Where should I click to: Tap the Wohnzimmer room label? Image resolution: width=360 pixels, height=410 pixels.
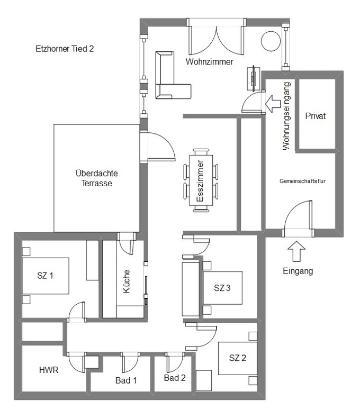coord(210,62)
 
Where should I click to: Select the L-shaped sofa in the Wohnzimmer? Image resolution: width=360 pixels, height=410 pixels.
coord(169,79)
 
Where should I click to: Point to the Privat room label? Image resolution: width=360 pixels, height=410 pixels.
coord(316,116)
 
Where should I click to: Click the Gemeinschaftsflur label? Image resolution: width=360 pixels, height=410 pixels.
coord(302,181)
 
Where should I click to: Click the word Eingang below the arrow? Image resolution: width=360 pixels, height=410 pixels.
coord(298,271)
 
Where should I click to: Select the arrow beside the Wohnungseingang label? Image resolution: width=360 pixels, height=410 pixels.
coord(274,103)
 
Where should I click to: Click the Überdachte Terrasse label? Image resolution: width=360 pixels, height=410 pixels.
coord(96,178)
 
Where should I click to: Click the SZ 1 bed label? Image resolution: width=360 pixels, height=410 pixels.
coord(46,276)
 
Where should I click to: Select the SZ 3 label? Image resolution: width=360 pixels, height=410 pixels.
coord(222,288)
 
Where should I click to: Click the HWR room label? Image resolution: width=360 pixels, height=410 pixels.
coord(48,370)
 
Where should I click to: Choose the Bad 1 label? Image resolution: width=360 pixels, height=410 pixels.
coord(126,380)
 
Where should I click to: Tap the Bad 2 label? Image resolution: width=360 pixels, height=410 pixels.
coord(175,378)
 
